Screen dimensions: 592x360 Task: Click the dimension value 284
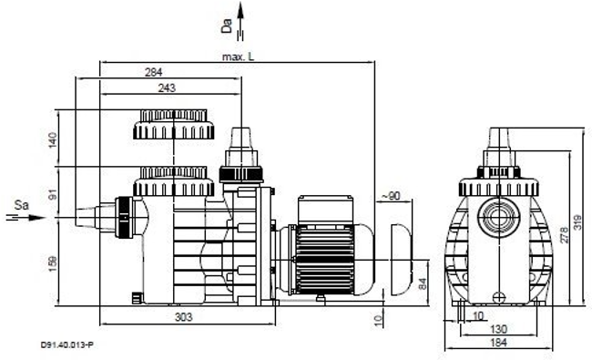pyautogui.click(x=154, y=72)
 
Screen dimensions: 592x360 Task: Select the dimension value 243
pyautogui.click(x=167, y=88)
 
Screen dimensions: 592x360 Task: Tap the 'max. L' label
pyautogui.click(x=239, y=57)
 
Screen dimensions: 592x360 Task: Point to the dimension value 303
pyautogui.click(x=184, y=317)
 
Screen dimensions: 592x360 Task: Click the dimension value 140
pyautogui.click(x=53, y=140)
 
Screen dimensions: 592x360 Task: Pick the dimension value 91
pyautogui.click(x=53, y=195)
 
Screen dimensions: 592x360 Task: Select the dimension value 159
pyautogui.click(x=53, y=263)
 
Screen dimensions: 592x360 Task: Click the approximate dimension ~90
pyautogui.click(x=391, y=196)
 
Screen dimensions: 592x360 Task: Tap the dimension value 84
pyautogui.click(x=423, y=283)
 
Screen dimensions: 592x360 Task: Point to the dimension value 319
pyautogui.click(x=577, y=222)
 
